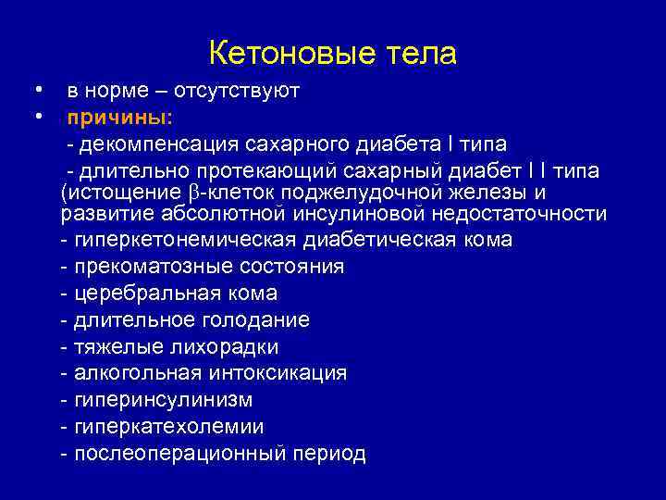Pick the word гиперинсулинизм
tap(163, 400)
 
